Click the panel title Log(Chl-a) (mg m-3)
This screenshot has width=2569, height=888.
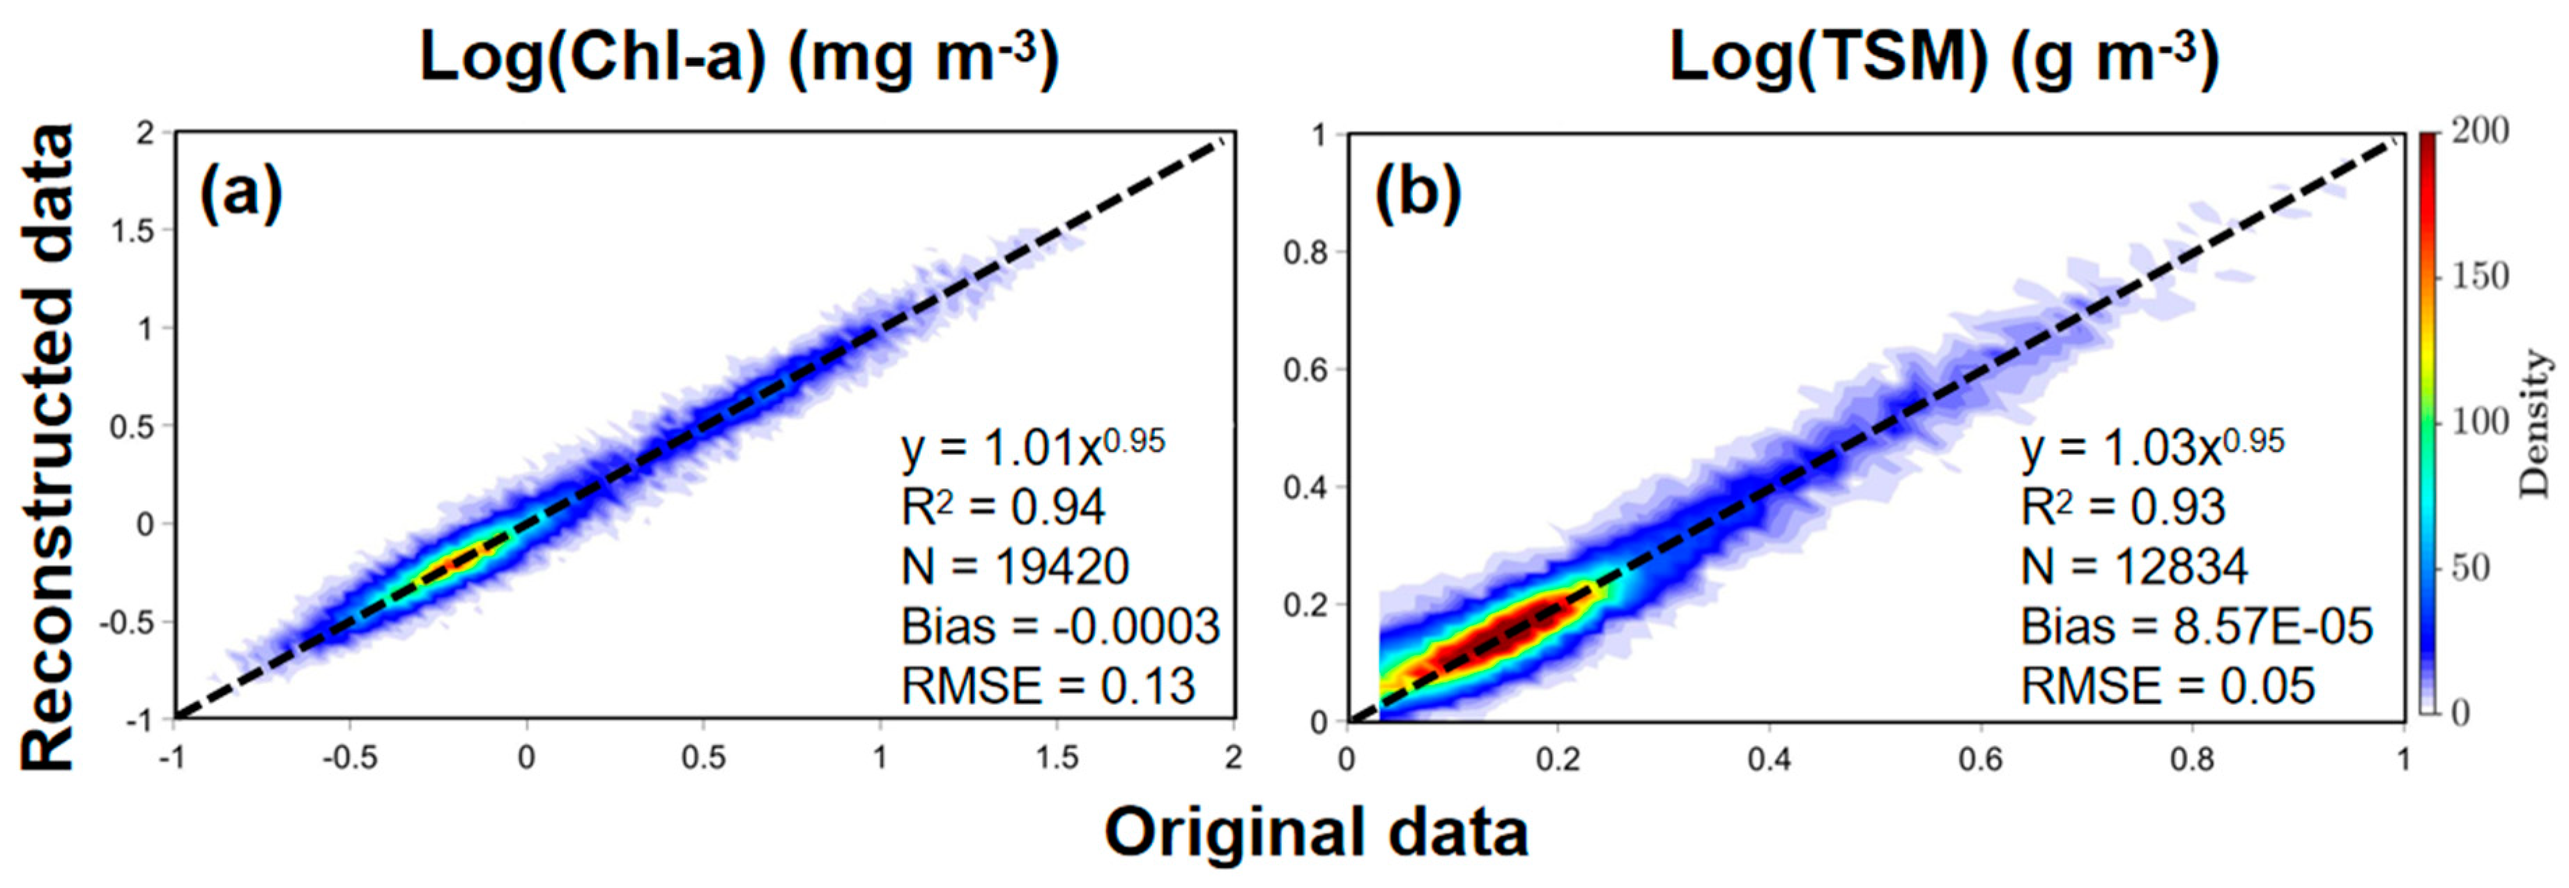(x=738, y=58)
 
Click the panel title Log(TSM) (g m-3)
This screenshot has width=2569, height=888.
(x=1944, y=58)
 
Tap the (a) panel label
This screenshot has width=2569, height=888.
(x=241, y=192)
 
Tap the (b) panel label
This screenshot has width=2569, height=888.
(x=1417, y=192)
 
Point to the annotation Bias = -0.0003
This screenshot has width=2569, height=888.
(x=1060, y=627)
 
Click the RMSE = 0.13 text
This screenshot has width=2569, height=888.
(x=1047, y=686)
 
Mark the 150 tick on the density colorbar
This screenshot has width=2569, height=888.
(x=2480, y=276)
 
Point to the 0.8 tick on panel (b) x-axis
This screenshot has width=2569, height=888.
(x=2191, y=759)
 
